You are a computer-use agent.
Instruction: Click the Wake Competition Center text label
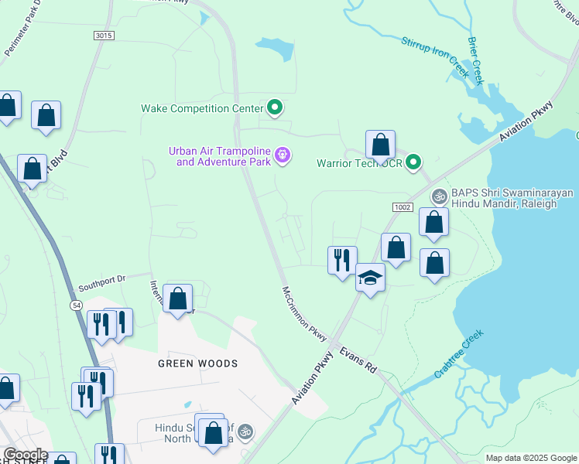[202, 108]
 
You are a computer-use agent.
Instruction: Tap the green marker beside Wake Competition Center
[274, 107]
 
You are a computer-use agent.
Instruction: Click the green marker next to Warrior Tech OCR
[414, 162]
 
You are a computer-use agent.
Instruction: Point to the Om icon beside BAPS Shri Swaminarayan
[439, 196]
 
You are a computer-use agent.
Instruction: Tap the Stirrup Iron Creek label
[435, 57]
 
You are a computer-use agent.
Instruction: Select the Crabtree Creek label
[458, 354]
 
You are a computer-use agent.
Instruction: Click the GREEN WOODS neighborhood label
[197, 363]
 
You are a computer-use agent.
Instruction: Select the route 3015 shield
[102, 36]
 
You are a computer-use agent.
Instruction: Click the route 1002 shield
[403, 207]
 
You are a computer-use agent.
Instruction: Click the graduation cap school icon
[371, 278]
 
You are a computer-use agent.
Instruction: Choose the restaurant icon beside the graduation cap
[342, 260]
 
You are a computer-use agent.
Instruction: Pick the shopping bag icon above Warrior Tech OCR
[380, 145]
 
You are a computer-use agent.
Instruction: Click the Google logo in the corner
[26, 455]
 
